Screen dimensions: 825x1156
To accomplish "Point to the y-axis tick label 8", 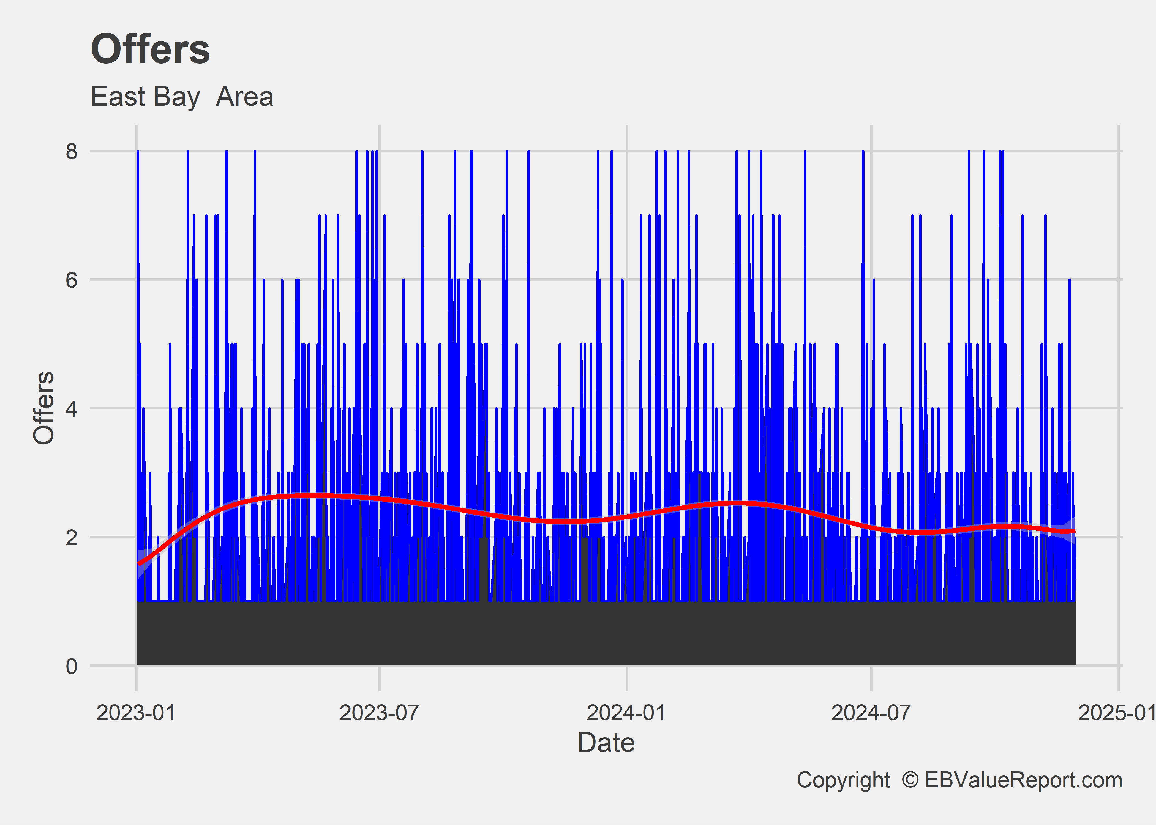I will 71,151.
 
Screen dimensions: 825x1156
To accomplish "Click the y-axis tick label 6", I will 71,279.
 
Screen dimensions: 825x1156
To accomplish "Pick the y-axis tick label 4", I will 71,408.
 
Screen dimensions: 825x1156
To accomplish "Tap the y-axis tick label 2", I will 71,537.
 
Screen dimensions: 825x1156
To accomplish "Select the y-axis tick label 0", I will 71,665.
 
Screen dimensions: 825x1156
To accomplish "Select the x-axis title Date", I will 606,743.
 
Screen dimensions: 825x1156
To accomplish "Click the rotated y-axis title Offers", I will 44,408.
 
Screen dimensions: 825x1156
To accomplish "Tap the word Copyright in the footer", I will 843,780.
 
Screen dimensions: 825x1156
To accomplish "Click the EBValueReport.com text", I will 1023,780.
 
